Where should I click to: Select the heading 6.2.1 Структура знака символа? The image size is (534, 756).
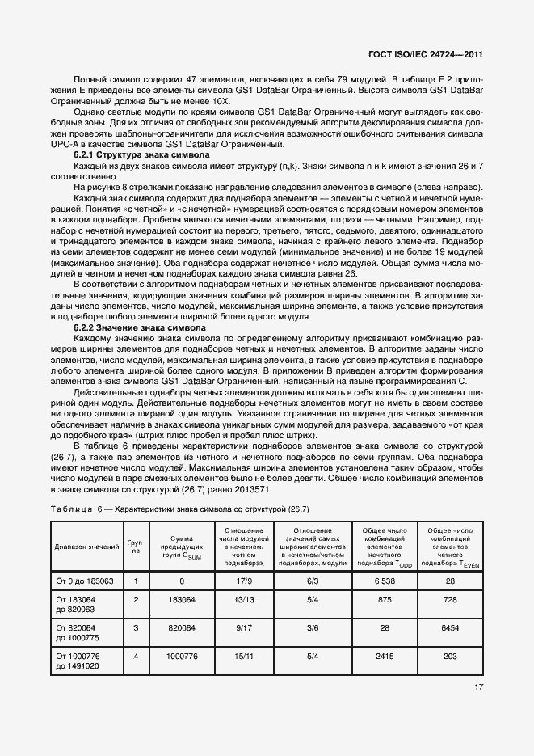click(x=141, y=154)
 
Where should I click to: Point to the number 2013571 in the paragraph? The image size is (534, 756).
click(x=253, y=489)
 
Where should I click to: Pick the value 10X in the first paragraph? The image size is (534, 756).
click(x=219, y=102)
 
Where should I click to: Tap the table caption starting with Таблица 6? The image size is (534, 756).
click(x=180, y=509)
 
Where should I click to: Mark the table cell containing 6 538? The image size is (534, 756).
click(x=384, y=581)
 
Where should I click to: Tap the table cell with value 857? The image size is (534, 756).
click(x=384, y=599)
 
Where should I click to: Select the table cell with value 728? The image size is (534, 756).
click(x=450, y=599)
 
